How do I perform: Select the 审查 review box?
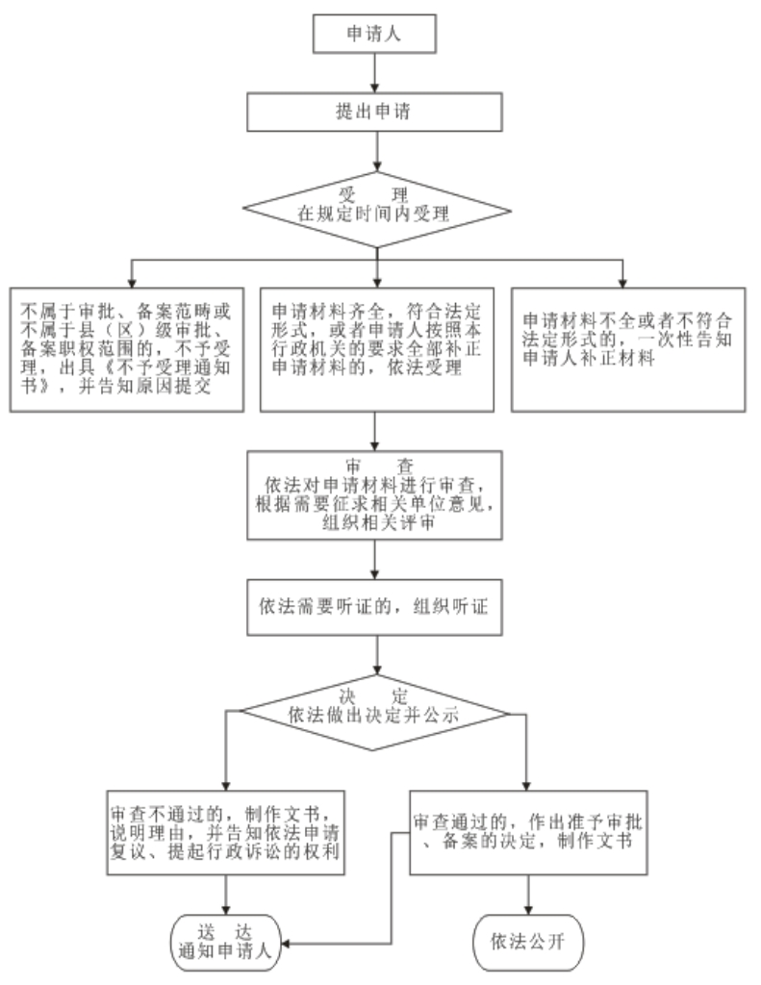pyautogui.click(x=376, y=495)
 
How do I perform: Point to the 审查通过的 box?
pyautogui.click(x=529, y=833)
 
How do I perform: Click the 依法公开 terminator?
pyautogui.click(x=530, y=938)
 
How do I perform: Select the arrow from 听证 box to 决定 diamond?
pyautogui.click(x=376, y=657)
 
